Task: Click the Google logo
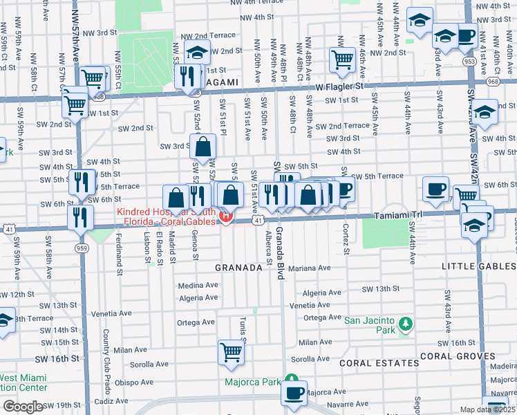point(23,407)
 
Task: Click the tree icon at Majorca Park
point(292,381)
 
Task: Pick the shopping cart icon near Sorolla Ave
point(232,351)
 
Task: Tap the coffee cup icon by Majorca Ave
point(294,393)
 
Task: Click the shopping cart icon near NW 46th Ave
point(341,59)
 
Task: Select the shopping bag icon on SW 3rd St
point(203,146)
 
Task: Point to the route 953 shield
point(470,61)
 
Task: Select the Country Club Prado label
point(106,352)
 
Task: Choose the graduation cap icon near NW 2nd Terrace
point(198,53)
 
